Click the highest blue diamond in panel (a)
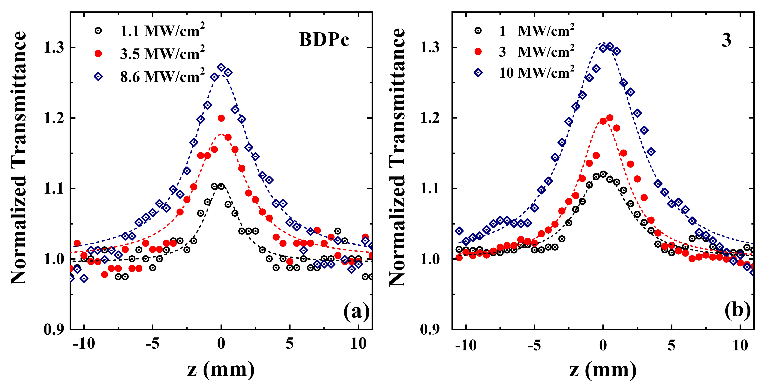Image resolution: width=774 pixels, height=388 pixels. click(x=221, y=68)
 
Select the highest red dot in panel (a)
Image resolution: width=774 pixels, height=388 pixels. click(x=221, y=118)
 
